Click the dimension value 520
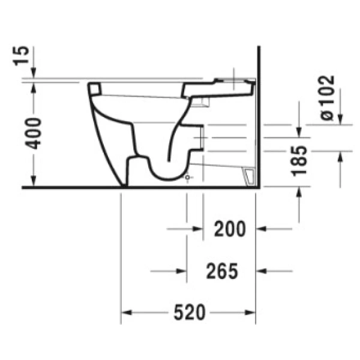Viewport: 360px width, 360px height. coord(190,313)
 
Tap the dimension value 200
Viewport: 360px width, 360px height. coord(229,229)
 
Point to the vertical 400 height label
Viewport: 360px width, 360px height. coord(35,133)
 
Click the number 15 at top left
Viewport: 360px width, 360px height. coord(22,56)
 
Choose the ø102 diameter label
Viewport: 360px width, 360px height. coord(326,98)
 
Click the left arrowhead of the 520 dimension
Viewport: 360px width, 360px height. coord(127,313)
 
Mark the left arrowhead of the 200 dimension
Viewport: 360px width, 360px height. coord(198,229)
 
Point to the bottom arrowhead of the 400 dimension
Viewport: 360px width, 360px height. coord(35,182)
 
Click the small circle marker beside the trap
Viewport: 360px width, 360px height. coord(188,178)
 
